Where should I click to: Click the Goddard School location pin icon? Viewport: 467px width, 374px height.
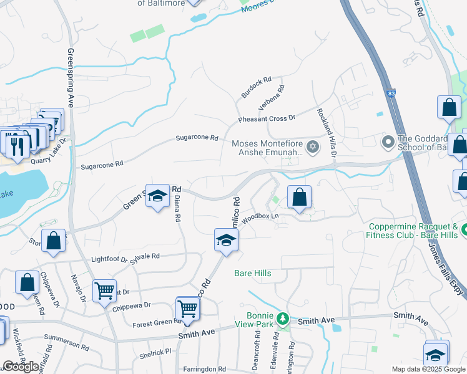pos(388,142)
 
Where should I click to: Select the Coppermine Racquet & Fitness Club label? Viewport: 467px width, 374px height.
pos(418,232)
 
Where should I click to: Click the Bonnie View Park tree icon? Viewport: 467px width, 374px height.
pos(283,319)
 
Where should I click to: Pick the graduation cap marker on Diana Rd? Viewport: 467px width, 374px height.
pos(158,196)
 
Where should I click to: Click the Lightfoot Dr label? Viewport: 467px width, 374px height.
pos(109,259)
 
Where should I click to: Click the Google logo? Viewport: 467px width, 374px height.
pos(21,367)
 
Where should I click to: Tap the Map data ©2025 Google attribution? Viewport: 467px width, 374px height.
pos(428,369)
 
